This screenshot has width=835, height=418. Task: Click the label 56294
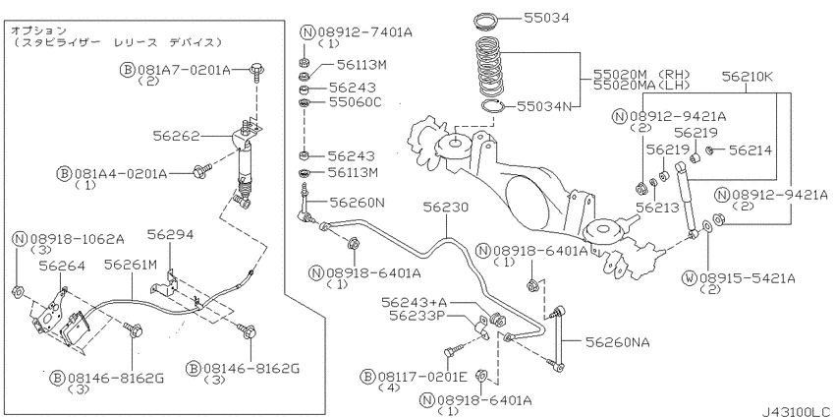point(169,235)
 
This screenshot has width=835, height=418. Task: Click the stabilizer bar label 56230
point(447,209)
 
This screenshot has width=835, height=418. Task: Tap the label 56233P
point(417,316)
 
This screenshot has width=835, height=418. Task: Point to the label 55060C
point(354,102)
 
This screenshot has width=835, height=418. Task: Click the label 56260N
point(359,203)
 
